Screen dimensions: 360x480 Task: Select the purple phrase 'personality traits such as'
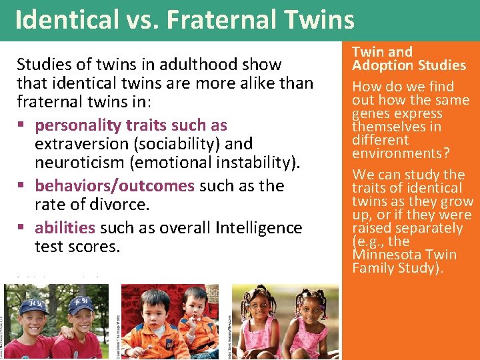coord(131,125)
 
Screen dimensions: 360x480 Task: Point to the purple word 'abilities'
coord(65,227)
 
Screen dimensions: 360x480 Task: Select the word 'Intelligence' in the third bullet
coord(259,227)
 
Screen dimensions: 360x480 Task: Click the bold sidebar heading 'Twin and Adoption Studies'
coord(409,59)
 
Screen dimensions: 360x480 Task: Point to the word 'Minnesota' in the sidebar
coord(385,255)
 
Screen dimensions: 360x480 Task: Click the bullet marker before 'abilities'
coord(23,228)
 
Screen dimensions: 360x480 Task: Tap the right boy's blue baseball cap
coord(82,303)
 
